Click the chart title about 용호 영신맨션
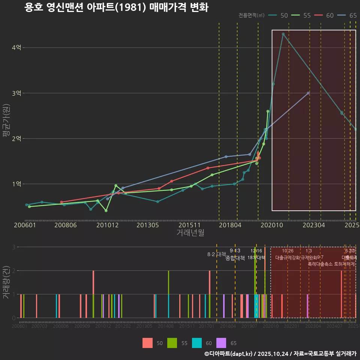tap(116, 7)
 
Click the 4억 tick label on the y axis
tap(16, 48)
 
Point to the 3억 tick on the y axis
tap(16, 93)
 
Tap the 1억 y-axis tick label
tap(16, 184)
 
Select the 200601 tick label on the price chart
tap(25, 225)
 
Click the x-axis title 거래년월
tap(190, 233)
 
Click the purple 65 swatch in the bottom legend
tap(222, 343)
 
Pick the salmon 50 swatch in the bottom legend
tap(148, 343)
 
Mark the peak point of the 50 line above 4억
tap(283, 34)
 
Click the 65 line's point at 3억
tap(308, 93)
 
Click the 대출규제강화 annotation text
tap(287, 258)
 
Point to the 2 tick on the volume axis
tap(14, 271)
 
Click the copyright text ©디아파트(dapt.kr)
tap(229, 354)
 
